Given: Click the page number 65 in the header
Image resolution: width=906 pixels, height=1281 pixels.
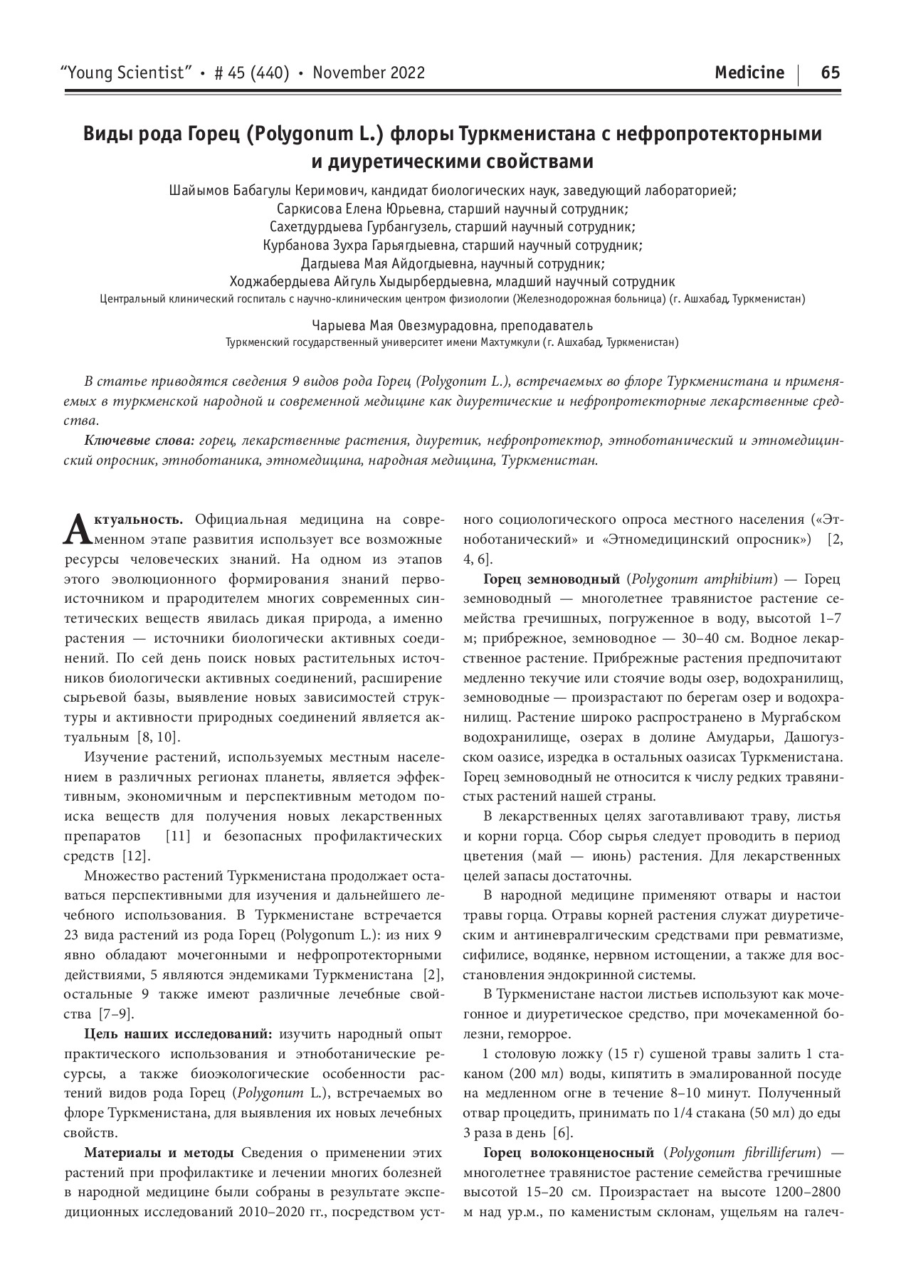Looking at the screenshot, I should tap(830, 73).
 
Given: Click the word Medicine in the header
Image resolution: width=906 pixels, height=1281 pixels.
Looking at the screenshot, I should tap(749, 73).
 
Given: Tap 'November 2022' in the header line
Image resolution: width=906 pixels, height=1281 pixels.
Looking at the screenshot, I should tap(369, 73).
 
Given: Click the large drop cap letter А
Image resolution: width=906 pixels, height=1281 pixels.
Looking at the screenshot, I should tap(75, 527).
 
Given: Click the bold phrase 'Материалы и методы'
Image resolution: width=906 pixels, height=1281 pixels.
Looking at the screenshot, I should tap(159, 1152).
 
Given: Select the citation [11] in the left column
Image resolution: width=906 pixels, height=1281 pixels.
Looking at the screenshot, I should tap(177, 836).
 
